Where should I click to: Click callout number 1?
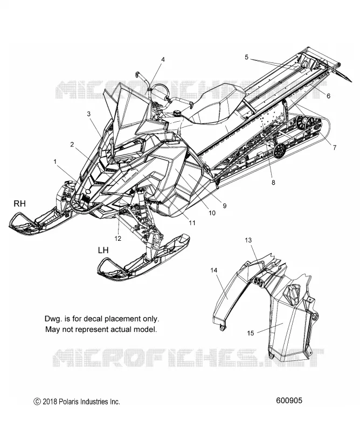pos(55,162)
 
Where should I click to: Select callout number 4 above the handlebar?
pos(163,60)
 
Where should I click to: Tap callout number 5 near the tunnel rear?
pos(246,57)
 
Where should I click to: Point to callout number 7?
pos(335,148)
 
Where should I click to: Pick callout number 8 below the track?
pos(273,182)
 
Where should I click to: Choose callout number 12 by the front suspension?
pos(117,239)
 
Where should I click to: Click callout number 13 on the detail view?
pos(248,240)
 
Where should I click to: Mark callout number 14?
pos(214,270)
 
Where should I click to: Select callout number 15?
pos(251,333)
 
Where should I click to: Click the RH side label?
pos(19,204)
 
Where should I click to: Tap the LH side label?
pos(103,250)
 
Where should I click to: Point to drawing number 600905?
pos(289,400)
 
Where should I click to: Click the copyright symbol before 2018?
pos(37,402)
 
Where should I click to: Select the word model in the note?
pos(144,329)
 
